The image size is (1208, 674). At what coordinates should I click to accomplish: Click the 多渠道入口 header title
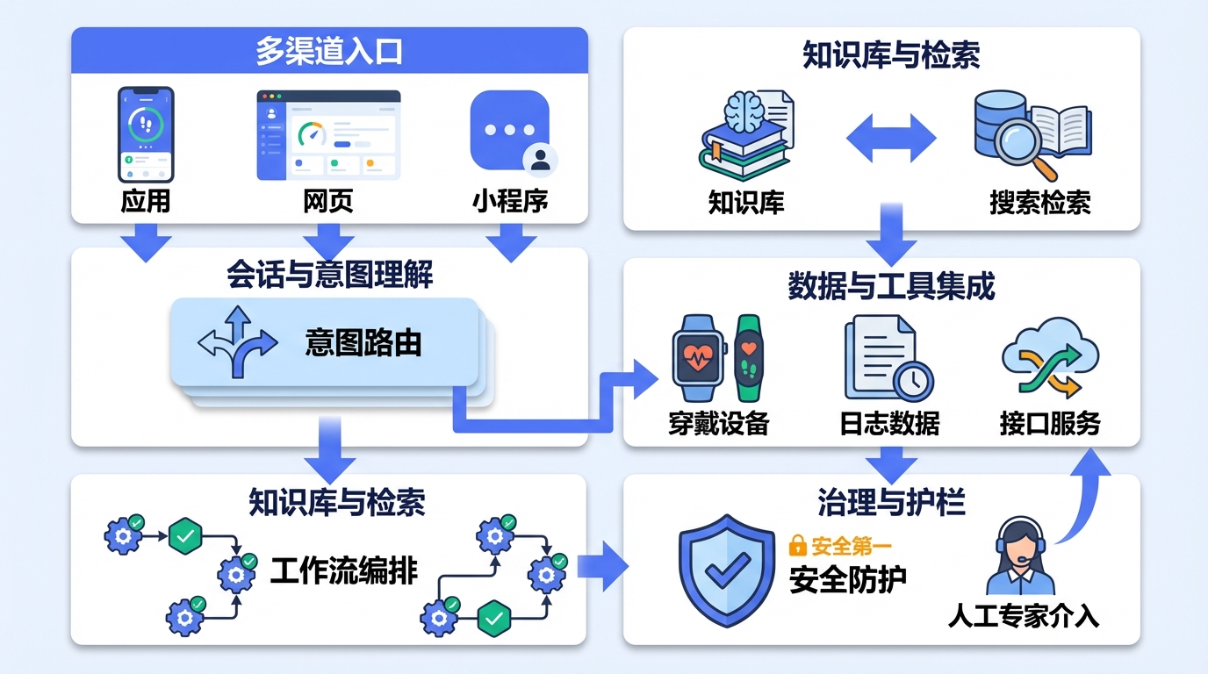(x=328, y=51)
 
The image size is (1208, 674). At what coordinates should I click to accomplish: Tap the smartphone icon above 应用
(x=146, y=134)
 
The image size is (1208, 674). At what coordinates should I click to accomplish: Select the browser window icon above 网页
(x=328, y=134)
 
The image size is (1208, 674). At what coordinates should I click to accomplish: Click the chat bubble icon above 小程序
(x=510, y=130)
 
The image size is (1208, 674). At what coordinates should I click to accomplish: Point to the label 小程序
(x=510, y=201)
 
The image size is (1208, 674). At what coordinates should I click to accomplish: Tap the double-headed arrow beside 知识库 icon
(x=891, y=139)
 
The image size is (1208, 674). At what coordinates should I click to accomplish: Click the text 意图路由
(x=363, y=342)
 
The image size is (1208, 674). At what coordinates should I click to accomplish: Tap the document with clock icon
(x=887, y=360)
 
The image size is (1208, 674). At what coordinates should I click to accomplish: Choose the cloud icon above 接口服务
(x=1050, y=360)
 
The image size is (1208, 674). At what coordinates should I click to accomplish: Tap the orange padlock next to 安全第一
(x=797, y=546)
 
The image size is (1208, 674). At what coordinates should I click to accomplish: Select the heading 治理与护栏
(x=890, y=503)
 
